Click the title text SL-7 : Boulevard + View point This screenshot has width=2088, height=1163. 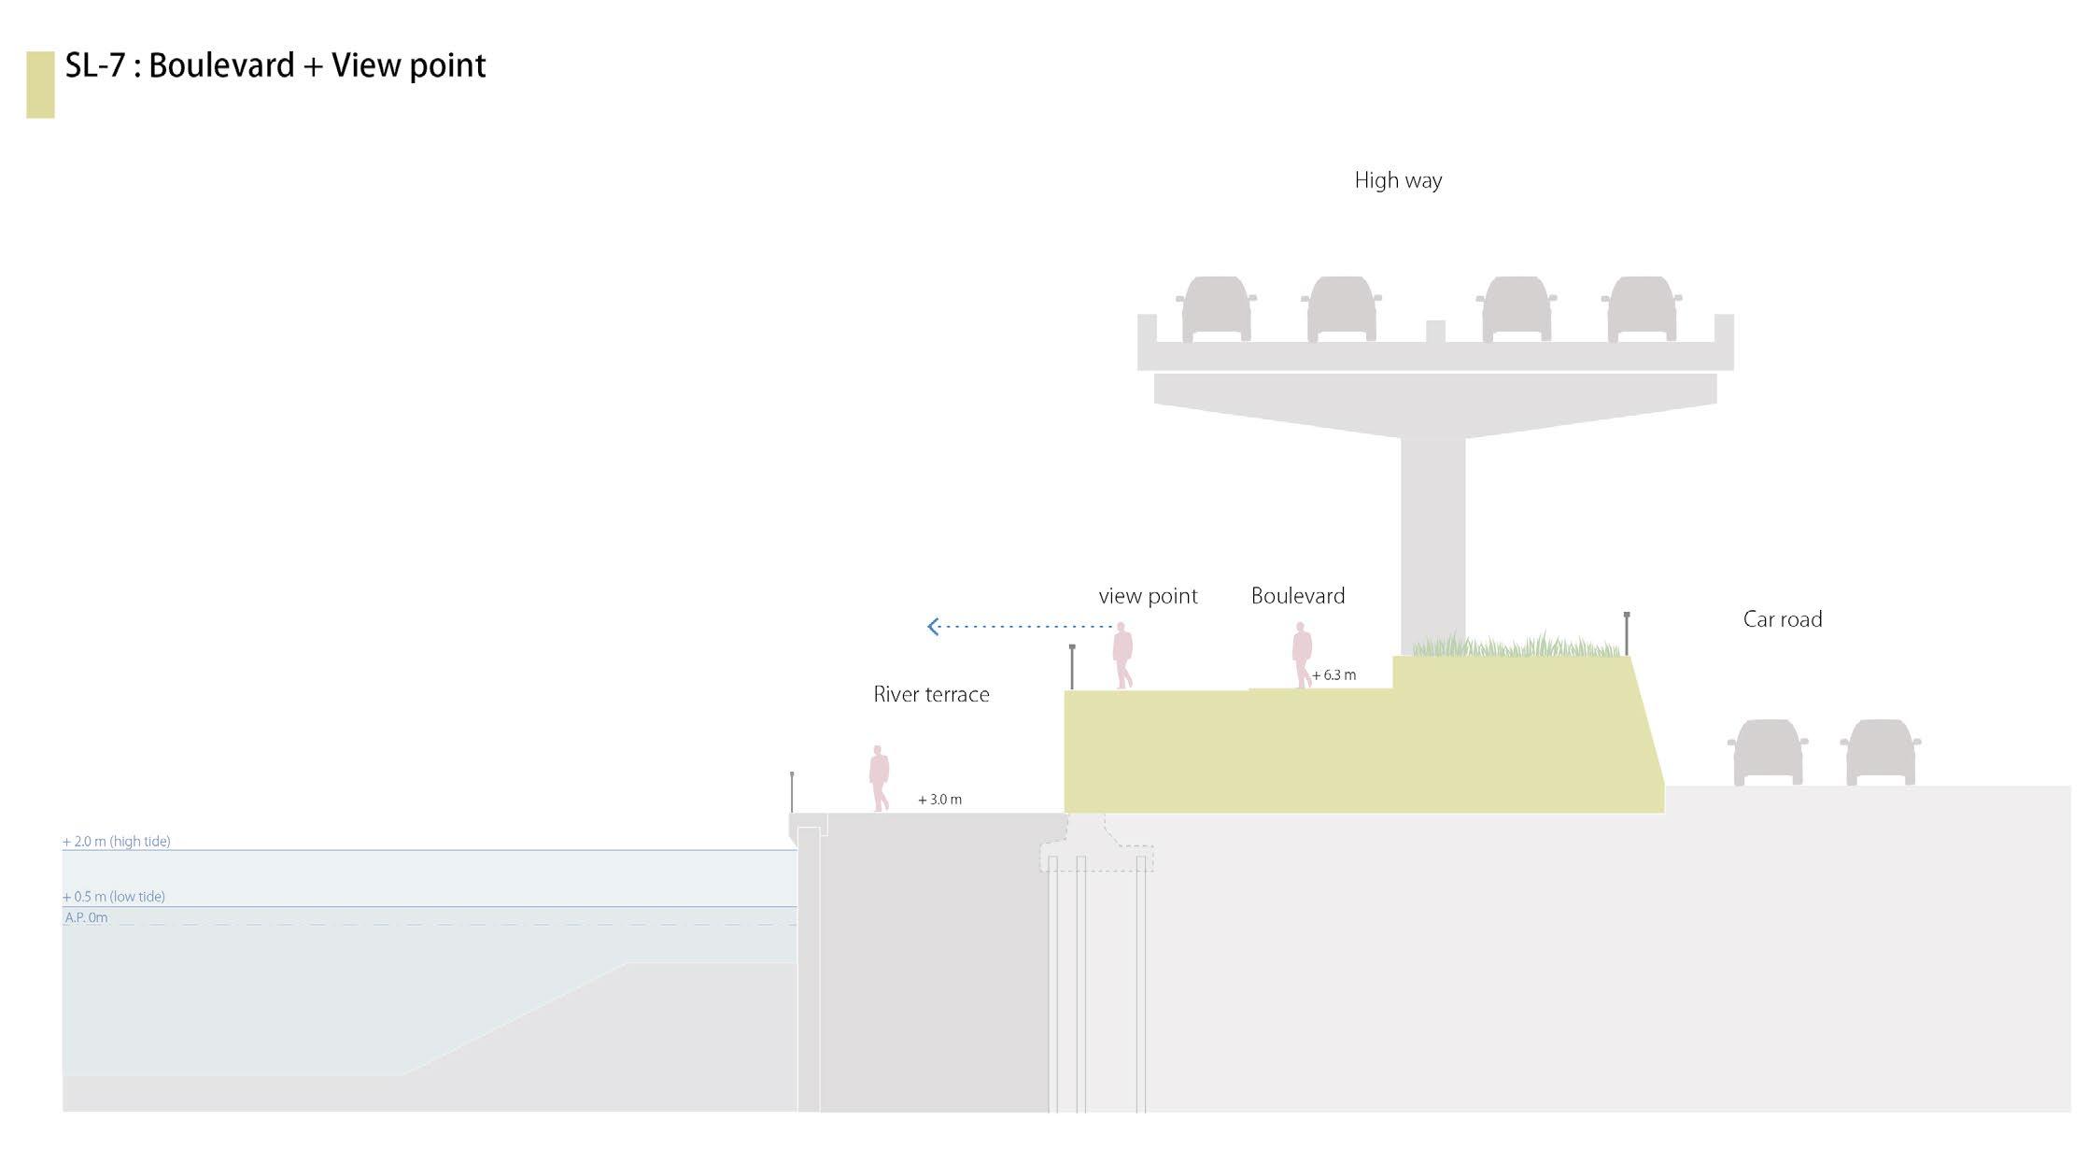point(275,66)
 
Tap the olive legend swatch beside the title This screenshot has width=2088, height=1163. point(40,85)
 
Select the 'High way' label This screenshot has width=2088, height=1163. point(1398,180)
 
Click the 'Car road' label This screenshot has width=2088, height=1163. point(1782,619)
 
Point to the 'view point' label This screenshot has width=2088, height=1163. point(1148,596)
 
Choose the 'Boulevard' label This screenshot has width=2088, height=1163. point(1297,596)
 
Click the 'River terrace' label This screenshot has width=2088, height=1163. point(931,695)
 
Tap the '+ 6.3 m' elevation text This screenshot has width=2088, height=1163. point(1333,675)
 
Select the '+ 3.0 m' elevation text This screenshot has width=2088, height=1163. point(939,800)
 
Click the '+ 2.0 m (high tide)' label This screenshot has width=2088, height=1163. point(117,842)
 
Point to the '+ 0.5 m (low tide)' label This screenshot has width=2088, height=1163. point(114,897)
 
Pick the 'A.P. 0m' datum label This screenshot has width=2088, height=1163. point(86,918)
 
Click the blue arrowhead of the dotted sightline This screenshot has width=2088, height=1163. point(933,627)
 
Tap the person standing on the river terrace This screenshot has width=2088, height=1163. point(879,778)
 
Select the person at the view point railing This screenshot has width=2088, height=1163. point(1122,655)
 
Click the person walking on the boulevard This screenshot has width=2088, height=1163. point(1302,655)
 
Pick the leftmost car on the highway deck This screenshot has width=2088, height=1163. point(1216,309)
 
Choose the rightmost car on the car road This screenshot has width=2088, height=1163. point(1880,752)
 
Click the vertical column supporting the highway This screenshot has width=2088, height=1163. point(1432,542)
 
